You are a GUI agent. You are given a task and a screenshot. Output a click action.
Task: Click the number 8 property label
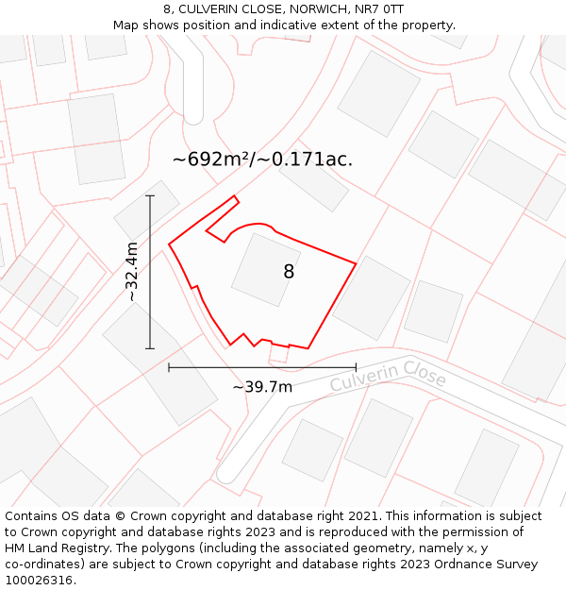pyautogui.click(x=289, y=272)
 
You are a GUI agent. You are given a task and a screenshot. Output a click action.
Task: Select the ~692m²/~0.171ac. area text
pyautogui.click(x=262, y=160)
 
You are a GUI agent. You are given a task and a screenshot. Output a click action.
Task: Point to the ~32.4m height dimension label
pyautogui.click(x=132, y=272)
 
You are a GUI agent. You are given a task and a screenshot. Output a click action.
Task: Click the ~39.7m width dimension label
pyautogui.click(x=262, y=386)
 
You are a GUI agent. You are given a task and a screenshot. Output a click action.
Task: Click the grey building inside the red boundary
pyautogui.click(x=265, y=270)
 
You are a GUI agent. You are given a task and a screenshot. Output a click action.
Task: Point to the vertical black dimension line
pyautogui.click(x=150, y=283)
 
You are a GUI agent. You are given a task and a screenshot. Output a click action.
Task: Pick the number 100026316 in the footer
pyautogui.click(x=35, y=580)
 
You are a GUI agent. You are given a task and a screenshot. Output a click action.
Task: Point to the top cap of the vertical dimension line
pyautogui.click(x=150, y=195)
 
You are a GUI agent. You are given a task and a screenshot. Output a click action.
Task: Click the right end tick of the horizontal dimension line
pyautogui.click(x=356, y=367)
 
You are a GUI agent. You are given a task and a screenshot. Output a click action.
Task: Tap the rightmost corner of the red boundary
pyautogui.click(x=356, y=262)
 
